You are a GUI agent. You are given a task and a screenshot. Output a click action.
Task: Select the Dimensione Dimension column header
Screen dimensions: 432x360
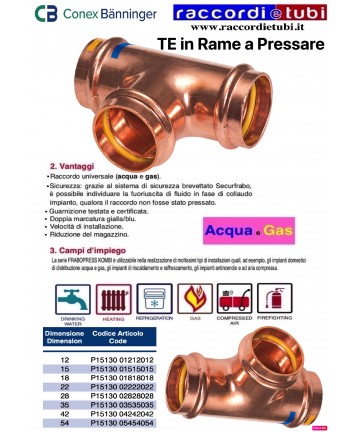pyautogui.click(x=65, y=335)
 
